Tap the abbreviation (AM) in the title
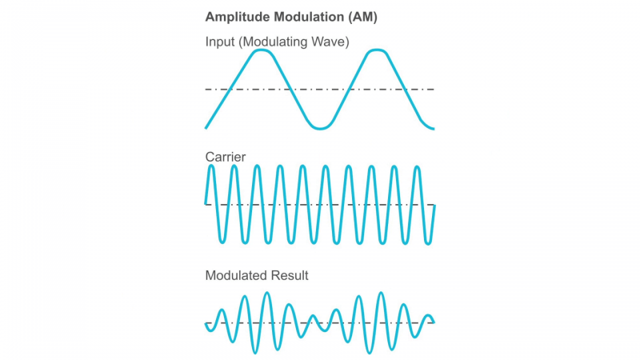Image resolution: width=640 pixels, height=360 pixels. (359, 17)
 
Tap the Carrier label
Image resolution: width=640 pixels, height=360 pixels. (226, 157)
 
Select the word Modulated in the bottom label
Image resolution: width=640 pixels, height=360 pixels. (237, 275)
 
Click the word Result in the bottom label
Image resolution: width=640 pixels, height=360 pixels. (290, 275)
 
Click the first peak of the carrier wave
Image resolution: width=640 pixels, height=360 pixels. (211, 166)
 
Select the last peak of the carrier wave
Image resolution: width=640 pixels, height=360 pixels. (417, 166)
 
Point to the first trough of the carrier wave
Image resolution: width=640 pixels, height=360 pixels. (222, 242)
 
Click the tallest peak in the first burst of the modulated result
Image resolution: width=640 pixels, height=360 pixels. (266, 294)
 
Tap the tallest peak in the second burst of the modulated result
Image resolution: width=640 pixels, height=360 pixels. (381, 294)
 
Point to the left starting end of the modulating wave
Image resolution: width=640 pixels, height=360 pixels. (206, 127)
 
